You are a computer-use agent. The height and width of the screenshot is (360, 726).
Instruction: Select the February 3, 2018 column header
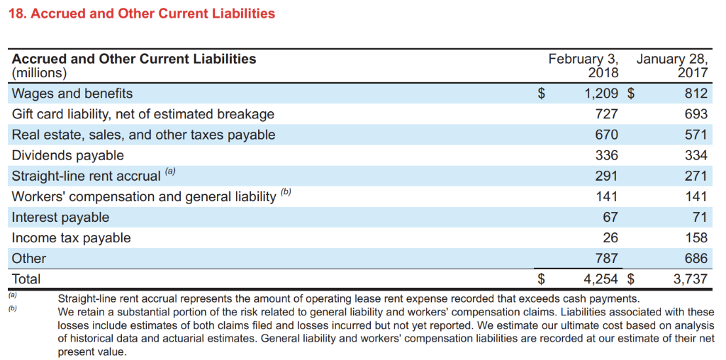(x=583, y=65)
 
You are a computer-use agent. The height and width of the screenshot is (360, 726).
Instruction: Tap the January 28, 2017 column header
(x=672, y=65)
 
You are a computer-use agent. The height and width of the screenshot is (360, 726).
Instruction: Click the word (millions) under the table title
(x=40, y=72)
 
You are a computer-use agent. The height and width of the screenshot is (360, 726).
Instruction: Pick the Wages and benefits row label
(x=72, y=94)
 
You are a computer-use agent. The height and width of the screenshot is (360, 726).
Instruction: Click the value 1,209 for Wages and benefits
(x=598, y=94)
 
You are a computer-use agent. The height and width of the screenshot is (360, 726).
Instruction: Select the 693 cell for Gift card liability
(x=696, y=114)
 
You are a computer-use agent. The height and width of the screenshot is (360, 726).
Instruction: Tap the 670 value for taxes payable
(x=606, y=135)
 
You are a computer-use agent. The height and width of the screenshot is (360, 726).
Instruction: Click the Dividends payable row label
(x=68, y=155)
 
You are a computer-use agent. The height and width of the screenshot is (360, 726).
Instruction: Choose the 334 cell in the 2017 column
(x=696, y=155)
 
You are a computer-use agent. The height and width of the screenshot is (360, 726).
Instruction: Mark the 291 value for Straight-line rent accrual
(x=606, y=176)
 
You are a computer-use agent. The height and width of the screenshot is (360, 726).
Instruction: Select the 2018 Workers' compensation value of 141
(x=606, y=196)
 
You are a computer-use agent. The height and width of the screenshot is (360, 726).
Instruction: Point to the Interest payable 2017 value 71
(x=700, y=217)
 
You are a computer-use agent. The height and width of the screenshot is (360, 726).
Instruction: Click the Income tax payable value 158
(x=696, y=237)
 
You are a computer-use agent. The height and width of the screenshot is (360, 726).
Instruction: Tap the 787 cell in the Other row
(x=606, y=258)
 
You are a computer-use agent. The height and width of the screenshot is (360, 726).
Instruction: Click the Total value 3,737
(x=691, y=279)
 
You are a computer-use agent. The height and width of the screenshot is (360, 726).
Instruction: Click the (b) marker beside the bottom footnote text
(x=12, y=309)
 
